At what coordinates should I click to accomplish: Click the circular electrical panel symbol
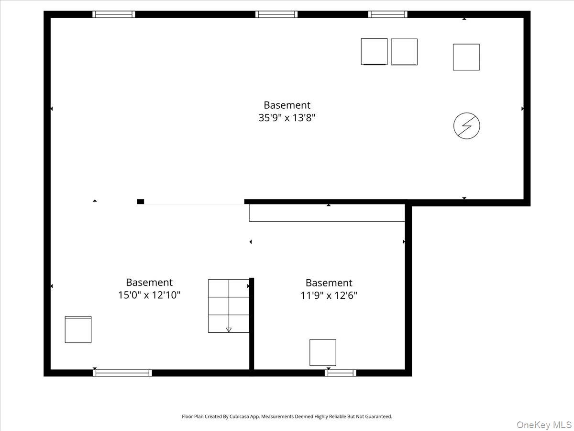coord(466,126)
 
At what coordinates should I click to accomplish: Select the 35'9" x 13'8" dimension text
coord(287,118)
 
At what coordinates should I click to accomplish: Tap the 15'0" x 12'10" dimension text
coord(149,295)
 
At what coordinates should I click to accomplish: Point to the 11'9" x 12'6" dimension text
coord(329,295)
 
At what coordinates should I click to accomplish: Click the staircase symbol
coord(229,306)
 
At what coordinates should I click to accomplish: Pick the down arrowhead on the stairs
coord(229,330)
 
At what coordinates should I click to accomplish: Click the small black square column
coord(141,202)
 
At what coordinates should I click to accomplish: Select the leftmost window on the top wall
coord(114,14)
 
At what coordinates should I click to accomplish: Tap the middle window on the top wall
coord(276,14)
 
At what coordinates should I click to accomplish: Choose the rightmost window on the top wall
coord(387,14)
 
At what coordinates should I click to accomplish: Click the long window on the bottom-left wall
coord(122,373)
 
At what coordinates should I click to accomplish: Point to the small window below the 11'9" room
coord(341,373)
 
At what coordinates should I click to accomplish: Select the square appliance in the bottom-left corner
coord(78,329)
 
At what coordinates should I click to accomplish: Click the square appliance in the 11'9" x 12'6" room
coord(323,352)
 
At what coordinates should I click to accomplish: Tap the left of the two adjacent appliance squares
coord(374,52)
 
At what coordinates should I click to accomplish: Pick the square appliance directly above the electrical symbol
coord(466,57)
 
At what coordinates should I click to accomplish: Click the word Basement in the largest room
coord(287,105)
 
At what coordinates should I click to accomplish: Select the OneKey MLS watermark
coord(544,424)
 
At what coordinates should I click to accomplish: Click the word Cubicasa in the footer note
coord(239,416)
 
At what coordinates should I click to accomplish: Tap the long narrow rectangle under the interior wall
coord(327,213)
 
